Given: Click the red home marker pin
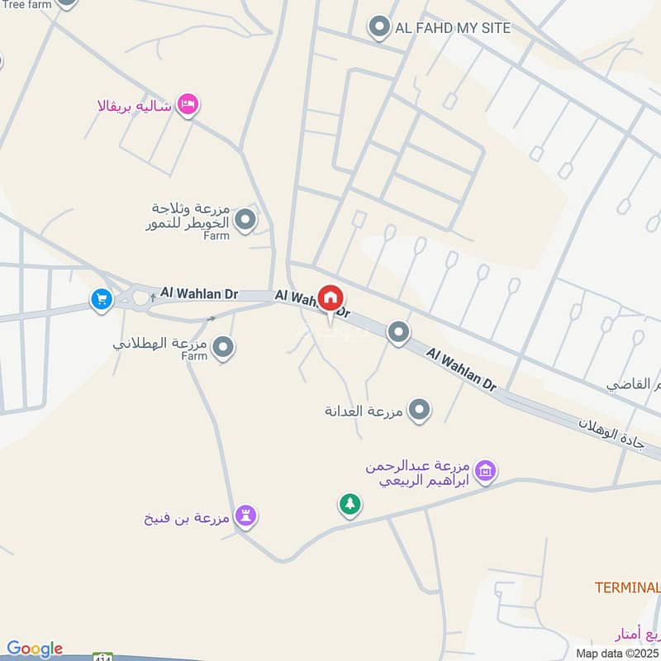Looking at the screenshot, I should pyautogui.click(x=331, y=298).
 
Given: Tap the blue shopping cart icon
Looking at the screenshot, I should pyautogui.click(x=102, y=299).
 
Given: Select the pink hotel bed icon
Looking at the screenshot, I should pyautogui.click(x=189, y=105).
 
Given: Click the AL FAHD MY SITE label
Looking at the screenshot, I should pyautogui.click(x=453, y=27).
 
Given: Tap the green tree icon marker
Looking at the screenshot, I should pyautogui.click(x=350, y=503).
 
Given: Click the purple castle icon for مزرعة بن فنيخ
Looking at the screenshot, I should pyautogui.click(x=245, y=516).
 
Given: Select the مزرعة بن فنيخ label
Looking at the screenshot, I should pyautogui.click(x=188, y=519).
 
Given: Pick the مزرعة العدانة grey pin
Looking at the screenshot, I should pyautogui.click(x=421, y=409).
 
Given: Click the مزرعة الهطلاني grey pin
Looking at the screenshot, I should pyautogui.click(x=222, y=348).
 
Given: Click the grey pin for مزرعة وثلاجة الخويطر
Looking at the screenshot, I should pyautogui.click(x=245, y=220).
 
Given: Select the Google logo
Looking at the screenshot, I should pyautogui.click(x=35, y=649).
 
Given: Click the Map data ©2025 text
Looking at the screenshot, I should pyautogui.click(x=617, y=653).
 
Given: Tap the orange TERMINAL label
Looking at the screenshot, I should pyautogui.click(x=627, y=587).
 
